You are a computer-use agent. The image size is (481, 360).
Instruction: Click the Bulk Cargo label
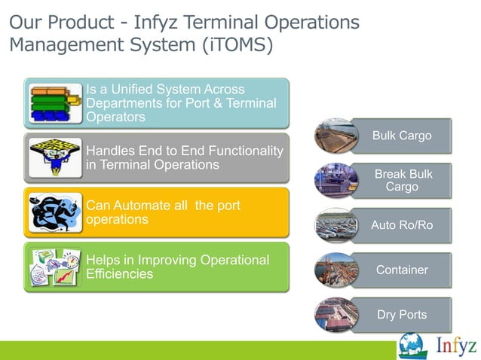pyautogui.click(x=402, y=136)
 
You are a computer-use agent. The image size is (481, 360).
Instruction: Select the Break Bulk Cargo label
pyautogui.click(x=402, y=181)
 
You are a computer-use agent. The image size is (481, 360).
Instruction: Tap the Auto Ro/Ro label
pyautogui.click(x=402, y=225)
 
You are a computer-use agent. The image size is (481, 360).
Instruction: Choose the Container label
pyautogui.click(x=402, y=270)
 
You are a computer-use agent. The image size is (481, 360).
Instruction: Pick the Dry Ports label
pyautogui.click(x=402, y=314)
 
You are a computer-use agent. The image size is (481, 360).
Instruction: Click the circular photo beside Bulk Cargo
pyautogui.click(x=335, y=136)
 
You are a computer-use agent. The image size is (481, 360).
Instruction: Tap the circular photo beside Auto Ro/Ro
pyautogui.click(x=335, y=225)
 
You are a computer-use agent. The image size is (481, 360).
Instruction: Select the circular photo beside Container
pyautogui.click(x=335, y=270)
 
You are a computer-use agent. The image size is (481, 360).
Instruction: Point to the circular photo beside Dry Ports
pyautogui.click(x=335, y=314)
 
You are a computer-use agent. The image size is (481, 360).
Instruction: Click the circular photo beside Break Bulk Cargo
pyautogui.click(x=335, y=181)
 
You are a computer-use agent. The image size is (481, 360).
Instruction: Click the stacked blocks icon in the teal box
pyautogui.click(x=53, y=103)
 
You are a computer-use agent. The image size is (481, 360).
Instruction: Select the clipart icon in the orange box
pyautogui.click(x=53, y=212)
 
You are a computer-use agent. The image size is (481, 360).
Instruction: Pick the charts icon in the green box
pyautogui.click(x=53, y=267)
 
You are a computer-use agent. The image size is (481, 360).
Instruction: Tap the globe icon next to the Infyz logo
pyautogui.click(x=413, y=346)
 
